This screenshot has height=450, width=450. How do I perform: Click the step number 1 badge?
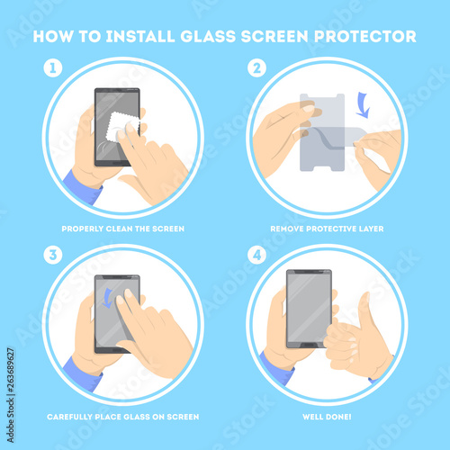click(x=53, y=68)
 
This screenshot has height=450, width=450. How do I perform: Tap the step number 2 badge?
click(x=256, y=68)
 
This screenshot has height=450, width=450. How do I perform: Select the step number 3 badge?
click(x=53, y=255)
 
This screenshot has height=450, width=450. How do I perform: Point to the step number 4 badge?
click(x=256, y=255)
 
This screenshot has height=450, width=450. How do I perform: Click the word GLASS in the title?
click(x=208, y=37)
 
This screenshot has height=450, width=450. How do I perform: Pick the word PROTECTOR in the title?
click(x=365, y=37)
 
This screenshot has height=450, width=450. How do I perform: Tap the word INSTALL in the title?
click(x=140, y=37)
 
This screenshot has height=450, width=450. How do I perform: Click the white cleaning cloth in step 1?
click(x=121, y=127)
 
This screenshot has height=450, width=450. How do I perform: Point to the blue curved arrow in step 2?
click(x=364, y=105)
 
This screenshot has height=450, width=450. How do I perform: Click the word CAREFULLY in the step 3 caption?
click(x=70, y=417)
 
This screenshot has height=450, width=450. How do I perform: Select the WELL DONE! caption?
click(x=327, y=417)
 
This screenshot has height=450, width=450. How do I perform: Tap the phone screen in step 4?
click(x=309, y=308)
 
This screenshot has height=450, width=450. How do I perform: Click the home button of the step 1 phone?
click(x=117, y=163)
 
